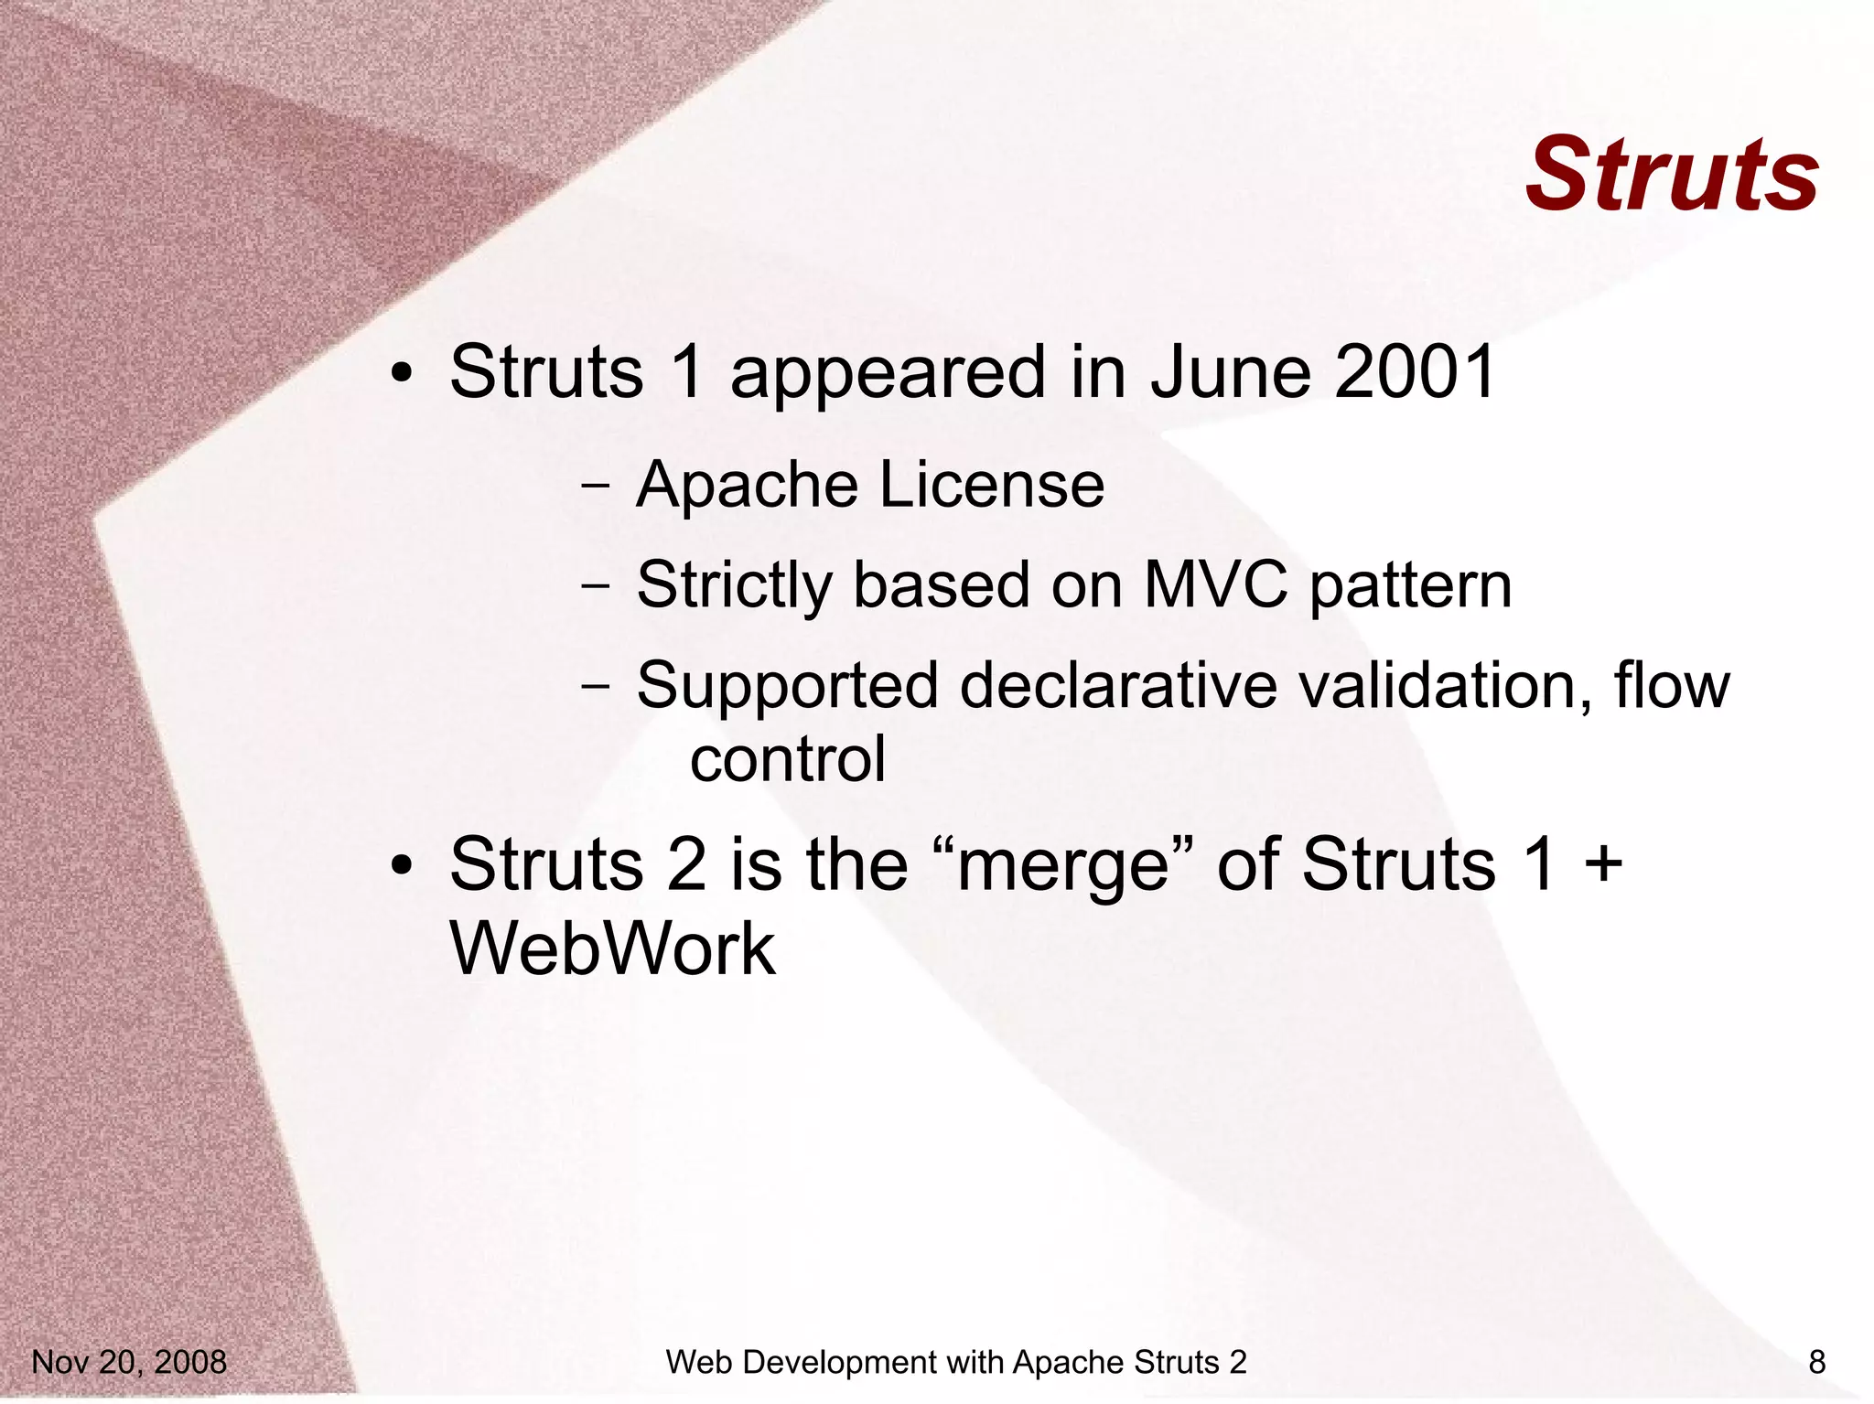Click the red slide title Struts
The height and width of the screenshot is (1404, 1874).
point(1672,175)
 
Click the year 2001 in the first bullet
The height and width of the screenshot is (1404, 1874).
point(1415,372)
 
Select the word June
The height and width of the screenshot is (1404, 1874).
point(1229,372)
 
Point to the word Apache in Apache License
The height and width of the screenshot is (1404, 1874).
point(747,486)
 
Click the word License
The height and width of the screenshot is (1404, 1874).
point(992,484)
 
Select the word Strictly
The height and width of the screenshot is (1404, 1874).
point(734,586)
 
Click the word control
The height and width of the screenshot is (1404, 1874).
point(788,759)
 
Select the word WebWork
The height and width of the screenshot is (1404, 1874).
point(613,949)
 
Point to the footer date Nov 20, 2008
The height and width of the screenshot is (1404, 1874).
point(129,1362)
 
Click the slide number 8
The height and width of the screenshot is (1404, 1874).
point(1816,1362)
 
